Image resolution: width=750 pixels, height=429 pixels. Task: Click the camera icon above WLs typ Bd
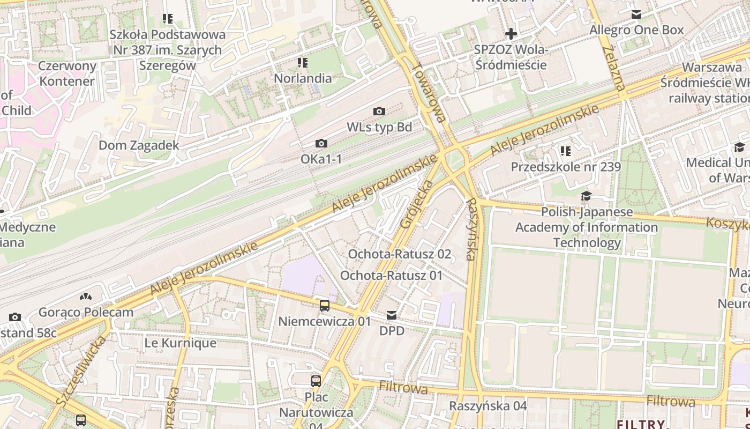(x=379, y=111)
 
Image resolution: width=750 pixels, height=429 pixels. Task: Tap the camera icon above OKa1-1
(x=321, y=143)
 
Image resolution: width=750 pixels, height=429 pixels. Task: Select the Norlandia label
(x=303, y=78)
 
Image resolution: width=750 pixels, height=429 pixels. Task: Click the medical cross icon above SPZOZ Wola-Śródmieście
(x=511, y=34)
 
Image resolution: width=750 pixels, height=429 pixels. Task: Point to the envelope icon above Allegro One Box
(x=636, y=14)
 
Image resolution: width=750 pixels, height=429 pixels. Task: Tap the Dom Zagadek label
(x=139, y=145)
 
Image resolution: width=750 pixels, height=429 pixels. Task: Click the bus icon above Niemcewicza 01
(x=325, y=306)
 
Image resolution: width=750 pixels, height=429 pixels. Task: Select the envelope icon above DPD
(x=392, y=315)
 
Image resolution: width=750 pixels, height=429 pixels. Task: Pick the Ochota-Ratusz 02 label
(x=400, y=254)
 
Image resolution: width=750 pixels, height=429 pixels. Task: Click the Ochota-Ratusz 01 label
(x=392, y=276)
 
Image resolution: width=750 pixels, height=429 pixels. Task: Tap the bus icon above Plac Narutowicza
(x=316, y=381)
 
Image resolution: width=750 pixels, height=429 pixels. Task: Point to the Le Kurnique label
(x=181, y=343)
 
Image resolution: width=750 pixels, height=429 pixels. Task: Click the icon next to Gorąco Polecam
(x=85, y=297)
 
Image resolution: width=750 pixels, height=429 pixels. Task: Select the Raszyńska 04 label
(x=488, y=406)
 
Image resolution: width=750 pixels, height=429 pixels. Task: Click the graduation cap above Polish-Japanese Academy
(x=587, y=196)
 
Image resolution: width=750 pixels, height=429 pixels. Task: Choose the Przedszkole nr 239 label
(x=566, y=167)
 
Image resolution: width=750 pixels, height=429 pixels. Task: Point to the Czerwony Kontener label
(x=67, y=74)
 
